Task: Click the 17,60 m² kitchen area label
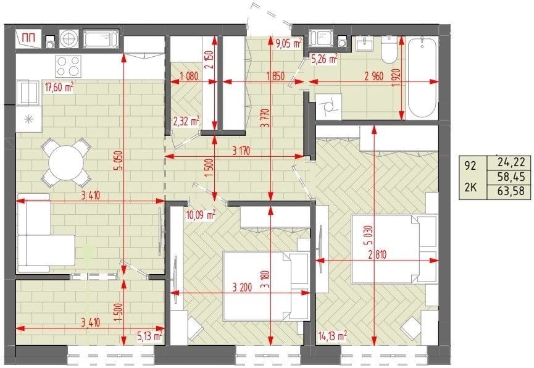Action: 59,87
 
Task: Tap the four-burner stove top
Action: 69,66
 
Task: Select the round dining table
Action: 66,162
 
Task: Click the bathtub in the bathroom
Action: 422,78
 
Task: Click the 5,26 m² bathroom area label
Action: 324,59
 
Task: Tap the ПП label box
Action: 29,39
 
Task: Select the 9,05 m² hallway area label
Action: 289,43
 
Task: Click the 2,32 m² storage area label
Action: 186,121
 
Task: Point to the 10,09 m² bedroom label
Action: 201,215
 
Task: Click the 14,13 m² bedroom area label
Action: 332,336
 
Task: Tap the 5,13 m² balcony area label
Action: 149,337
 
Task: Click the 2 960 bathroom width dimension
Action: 373,76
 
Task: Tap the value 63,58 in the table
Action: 509,190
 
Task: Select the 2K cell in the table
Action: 470,187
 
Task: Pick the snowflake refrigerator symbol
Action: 28,119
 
